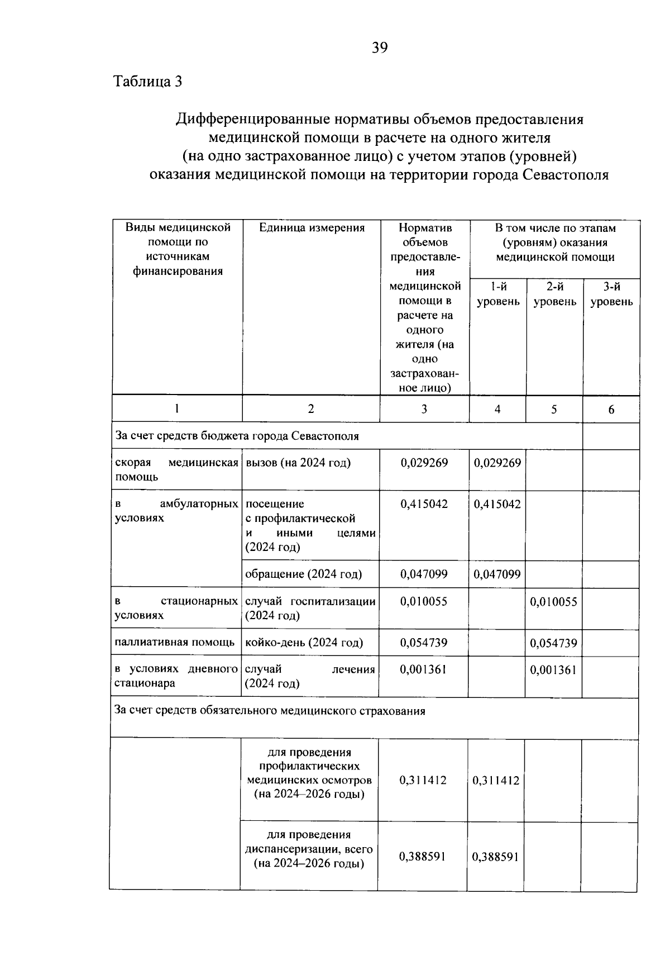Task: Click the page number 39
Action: click(380, 48)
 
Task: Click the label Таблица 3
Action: click(148, 82)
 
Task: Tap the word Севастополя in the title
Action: click(566, 175)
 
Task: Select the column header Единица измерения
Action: click(312, 228)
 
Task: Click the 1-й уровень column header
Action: click(497, 294)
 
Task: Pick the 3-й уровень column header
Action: click(611, 294)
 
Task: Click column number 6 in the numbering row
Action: click(611, 410)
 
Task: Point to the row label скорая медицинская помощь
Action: click(176, 470)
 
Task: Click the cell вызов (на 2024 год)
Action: click(298, 463)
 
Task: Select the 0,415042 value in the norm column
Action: click(424, 504)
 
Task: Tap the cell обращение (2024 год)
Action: click(304, 574)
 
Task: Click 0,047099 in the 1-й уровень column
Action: click(497, 574)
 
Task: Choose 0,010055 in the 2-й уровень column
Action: click(553, 602)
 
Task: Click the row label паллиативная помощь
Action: click(175, 642)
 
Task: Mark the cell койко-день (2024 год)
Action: click(304, 643)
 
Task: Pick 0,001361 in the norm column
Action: click(424, 669)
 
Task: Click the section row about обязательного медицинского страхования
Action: click(270, 711)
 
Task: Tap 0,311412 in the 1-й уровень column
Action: click(496, 780)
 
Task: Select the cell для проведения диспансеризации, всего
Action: click(309, 849)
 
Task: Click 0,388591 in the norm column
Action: click(423, 856)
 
